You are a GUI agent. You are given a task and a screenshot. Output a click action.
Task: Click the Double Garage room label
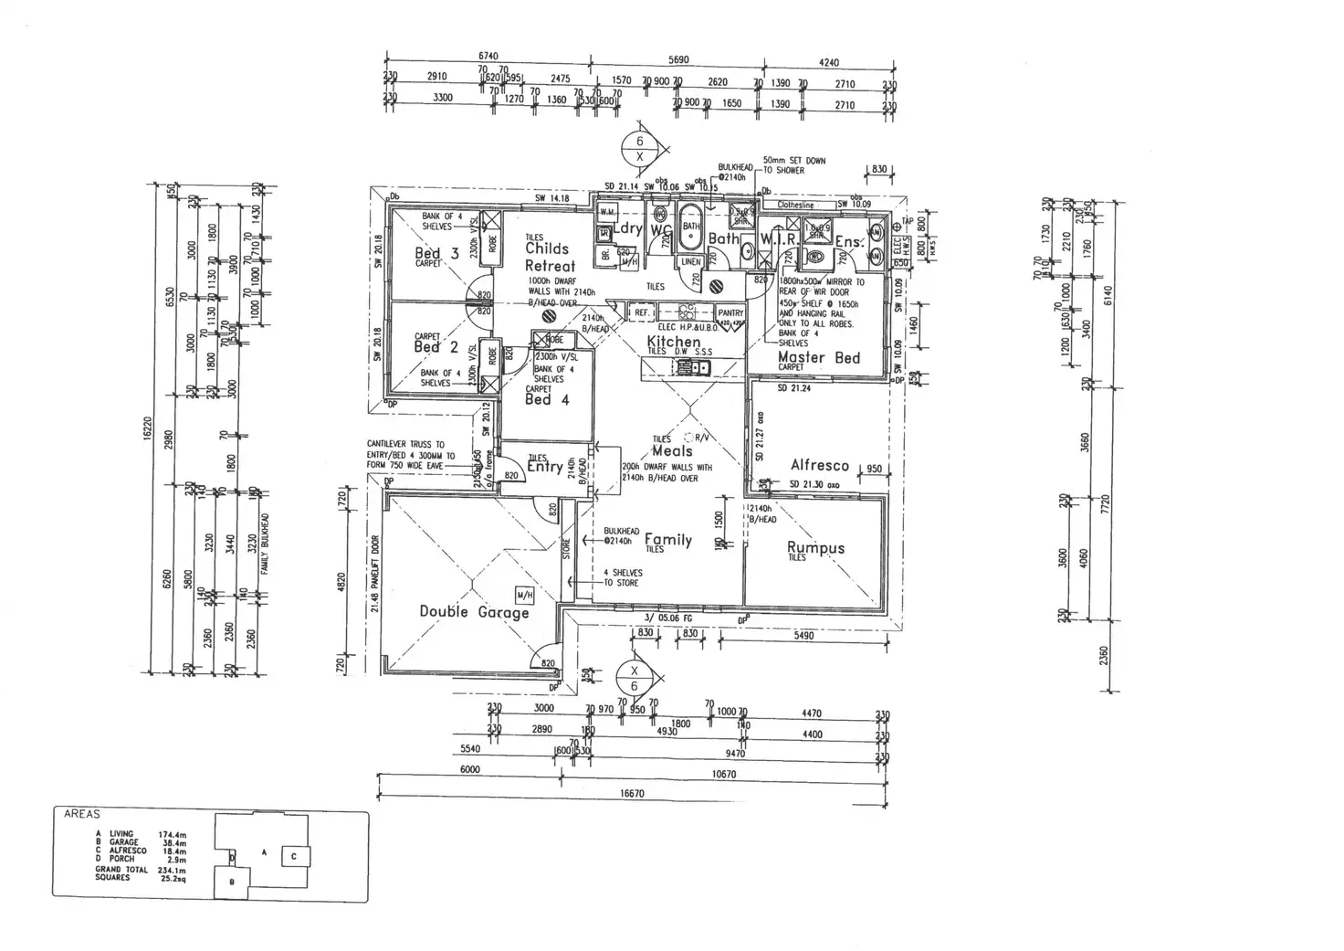[474, 612]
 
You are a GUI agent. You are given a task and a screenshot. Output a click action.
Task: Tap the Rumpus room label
[815, 548]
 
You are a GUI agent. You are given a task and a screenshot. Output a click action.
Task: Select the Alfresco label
[819, 466]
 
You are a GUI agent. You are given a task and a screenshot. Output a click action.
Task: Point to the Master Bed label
[819, 357]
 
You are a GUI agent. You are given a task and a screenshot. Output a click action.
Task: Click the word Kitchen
[674, 342]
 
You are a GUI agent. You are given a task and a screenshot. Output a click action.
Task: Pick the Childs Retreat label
[549, 257]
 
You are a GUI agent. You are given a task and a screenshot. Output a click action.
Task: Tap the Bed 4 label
[547, 399]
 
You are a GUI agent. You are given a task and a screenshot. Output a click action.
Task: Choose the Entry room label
[544, 467]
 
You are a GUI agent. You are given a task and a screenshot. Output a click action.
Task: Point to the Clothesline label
[794, 206]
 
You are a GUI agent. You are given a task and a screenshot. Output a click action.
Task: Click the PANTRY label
[730, 313]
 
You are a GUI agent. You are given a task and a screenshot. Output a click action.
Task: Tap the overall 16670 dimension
[632, 794]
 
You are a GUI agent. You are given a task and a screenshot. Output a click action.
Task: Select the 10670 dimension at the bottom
[723, 774]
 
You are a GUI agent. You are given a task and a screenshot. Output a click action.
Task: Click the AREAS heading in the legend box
[82, 813]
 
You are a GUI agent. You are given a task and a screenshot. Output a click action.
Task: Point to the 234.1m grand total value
[173, 869]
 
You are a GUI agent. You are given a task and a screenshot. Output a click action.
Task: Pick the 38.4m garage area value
[173, 841]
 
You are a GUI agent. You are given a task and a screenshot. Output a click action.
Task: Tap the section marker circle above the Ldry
[639, 148]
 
